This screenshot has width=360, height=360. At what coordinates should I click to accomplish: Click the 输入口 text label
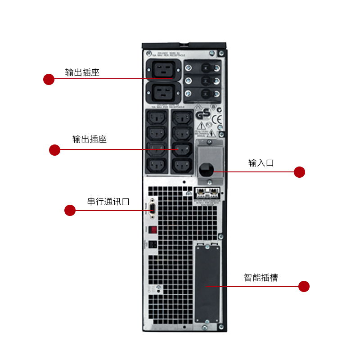coord(261,163)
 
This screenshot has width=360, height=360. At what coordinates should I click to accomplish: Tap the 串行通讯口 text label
coord(108,201)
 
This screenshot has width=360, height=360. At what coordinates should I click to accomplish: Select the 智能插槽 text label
coord(261,278)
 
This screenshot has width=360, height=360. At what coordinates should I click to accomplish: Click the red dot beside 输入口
coord(299,172)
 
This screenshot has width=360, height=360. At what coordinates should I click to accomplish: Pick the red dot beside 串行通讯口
coord(70,210)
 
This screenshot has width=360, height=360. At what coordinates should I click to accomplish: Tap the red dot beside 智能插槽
coord(304,286)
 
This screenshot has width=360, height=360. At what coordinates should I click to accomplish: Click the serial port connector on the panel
coord(153,208)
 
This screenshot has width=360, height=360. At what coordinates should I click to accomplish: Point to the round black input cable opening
coord(206,170)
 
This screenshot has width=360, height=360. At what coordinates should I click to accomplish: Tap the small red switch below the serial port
coord(153,229)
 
